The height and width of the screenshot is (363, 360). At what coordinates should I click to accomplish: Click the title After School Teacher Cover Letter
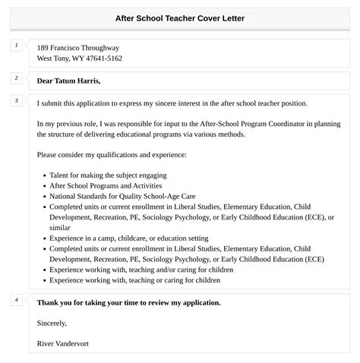pos(180,17)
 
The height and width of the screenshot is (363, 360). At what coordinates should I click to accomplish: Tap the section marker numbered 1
pos(16,46)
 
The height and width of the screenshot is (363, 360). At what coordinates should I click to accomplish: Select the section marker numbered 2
pos(16,78)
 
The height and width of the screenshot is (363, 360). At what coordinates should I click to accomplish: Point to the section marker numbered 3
pos(16,100)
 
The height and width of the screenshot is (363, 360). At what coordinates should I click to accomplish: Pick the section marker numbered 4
pos(16,300)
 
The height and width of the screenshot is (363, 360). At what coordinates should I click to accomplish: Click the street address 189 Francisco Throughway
pos(78,48)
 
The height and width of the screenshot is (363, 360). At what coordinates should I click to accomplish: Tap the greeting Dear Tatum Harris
pos(68,80)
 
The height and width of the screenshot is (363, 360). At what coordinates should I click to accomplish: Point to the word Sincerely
pos(52,324)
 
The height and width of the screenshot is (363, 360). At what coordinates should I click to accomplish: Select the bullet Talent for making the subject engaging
pos(108,175)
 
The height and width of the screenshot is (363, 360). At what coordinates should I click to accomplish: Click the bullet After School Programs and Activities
pos(106,185)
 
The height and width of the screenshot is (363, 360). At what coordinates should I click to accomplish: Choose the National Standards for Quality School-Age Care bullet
pos(122,196)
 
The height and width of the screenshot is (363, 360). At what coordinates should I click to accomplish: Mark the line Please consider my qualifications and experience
pos(111,155)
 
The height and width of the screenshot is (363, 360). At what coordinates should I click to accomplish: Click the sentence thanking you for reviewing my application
pos(128,303)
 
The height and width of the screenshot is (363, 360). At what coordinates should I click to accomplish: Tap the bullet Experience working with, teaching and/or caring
pos(141,270)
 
